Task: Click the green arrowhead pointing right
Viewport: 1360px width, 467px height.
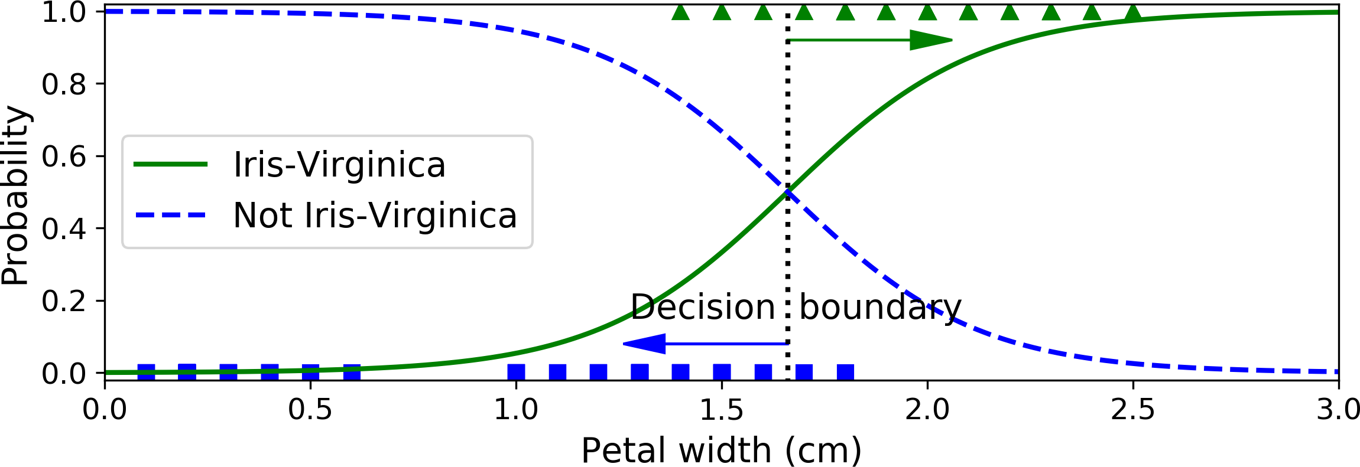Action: pyautogui.click(x=931, y=40)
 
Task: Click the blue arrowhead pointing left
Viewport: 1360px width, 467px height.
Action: pyautogui.click(x=645, y=343)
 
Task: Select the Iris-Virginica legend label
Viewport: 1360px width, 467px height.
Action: pyautogui.click(x=339, y=165)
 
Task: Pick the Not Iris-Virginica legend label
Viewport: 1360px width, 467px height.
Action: pyautogui.click(x=375, y=215)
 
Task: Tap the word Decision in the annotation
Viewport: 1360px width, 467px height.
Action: pyautogui.click(x=703, y=308)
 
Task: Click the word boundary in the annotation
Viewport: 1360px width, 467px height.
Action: pyautogui.click(x=880, y=308)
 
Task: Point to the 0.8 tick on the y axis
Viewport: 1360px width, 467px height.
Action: pyautogui.click(x=64, y=84)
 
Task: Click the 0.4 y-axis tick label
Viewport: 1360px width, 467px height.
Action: pyautogui.click(x=64, y=229)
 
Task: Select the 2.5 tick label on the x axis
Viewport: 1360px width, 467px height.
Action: pyautogui.click(x=1132, y=410)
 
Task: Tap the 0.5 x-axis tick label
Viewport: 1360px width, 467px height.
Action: pyautogui.click(x=310, y=410)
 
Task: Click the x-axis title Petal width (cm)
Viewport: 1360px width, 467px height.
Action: pyautogui.click(x=721, y=451)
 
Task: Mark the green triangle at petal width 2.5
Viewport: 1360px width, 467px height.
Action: pyautogui.click(x=1133, y=12)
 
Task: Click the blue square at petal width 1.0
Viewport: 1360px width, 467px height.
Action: pyautogui.click(x=516, y=373)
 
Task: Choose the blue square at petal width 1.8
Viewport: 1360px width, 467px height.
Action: pyautogui.click(x=845, y=373)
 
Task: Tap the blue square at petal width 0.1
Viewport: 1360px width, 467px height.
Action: pyautogui.click(x=146, y=373)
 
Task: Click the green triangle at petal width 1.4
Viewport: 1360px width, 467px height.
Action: pyautogui.click(x=681, y=12)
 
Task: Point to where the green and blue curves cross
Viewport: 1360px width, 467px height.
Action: pyautogui.click(x=788, y=191)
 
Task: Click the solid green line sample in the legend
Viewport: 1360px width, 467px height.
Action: pyautogui.click(x=171, y=165)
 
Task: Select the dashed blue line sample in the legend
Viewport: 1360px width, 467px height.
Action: pyautogui.click(x=171, y=215)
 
